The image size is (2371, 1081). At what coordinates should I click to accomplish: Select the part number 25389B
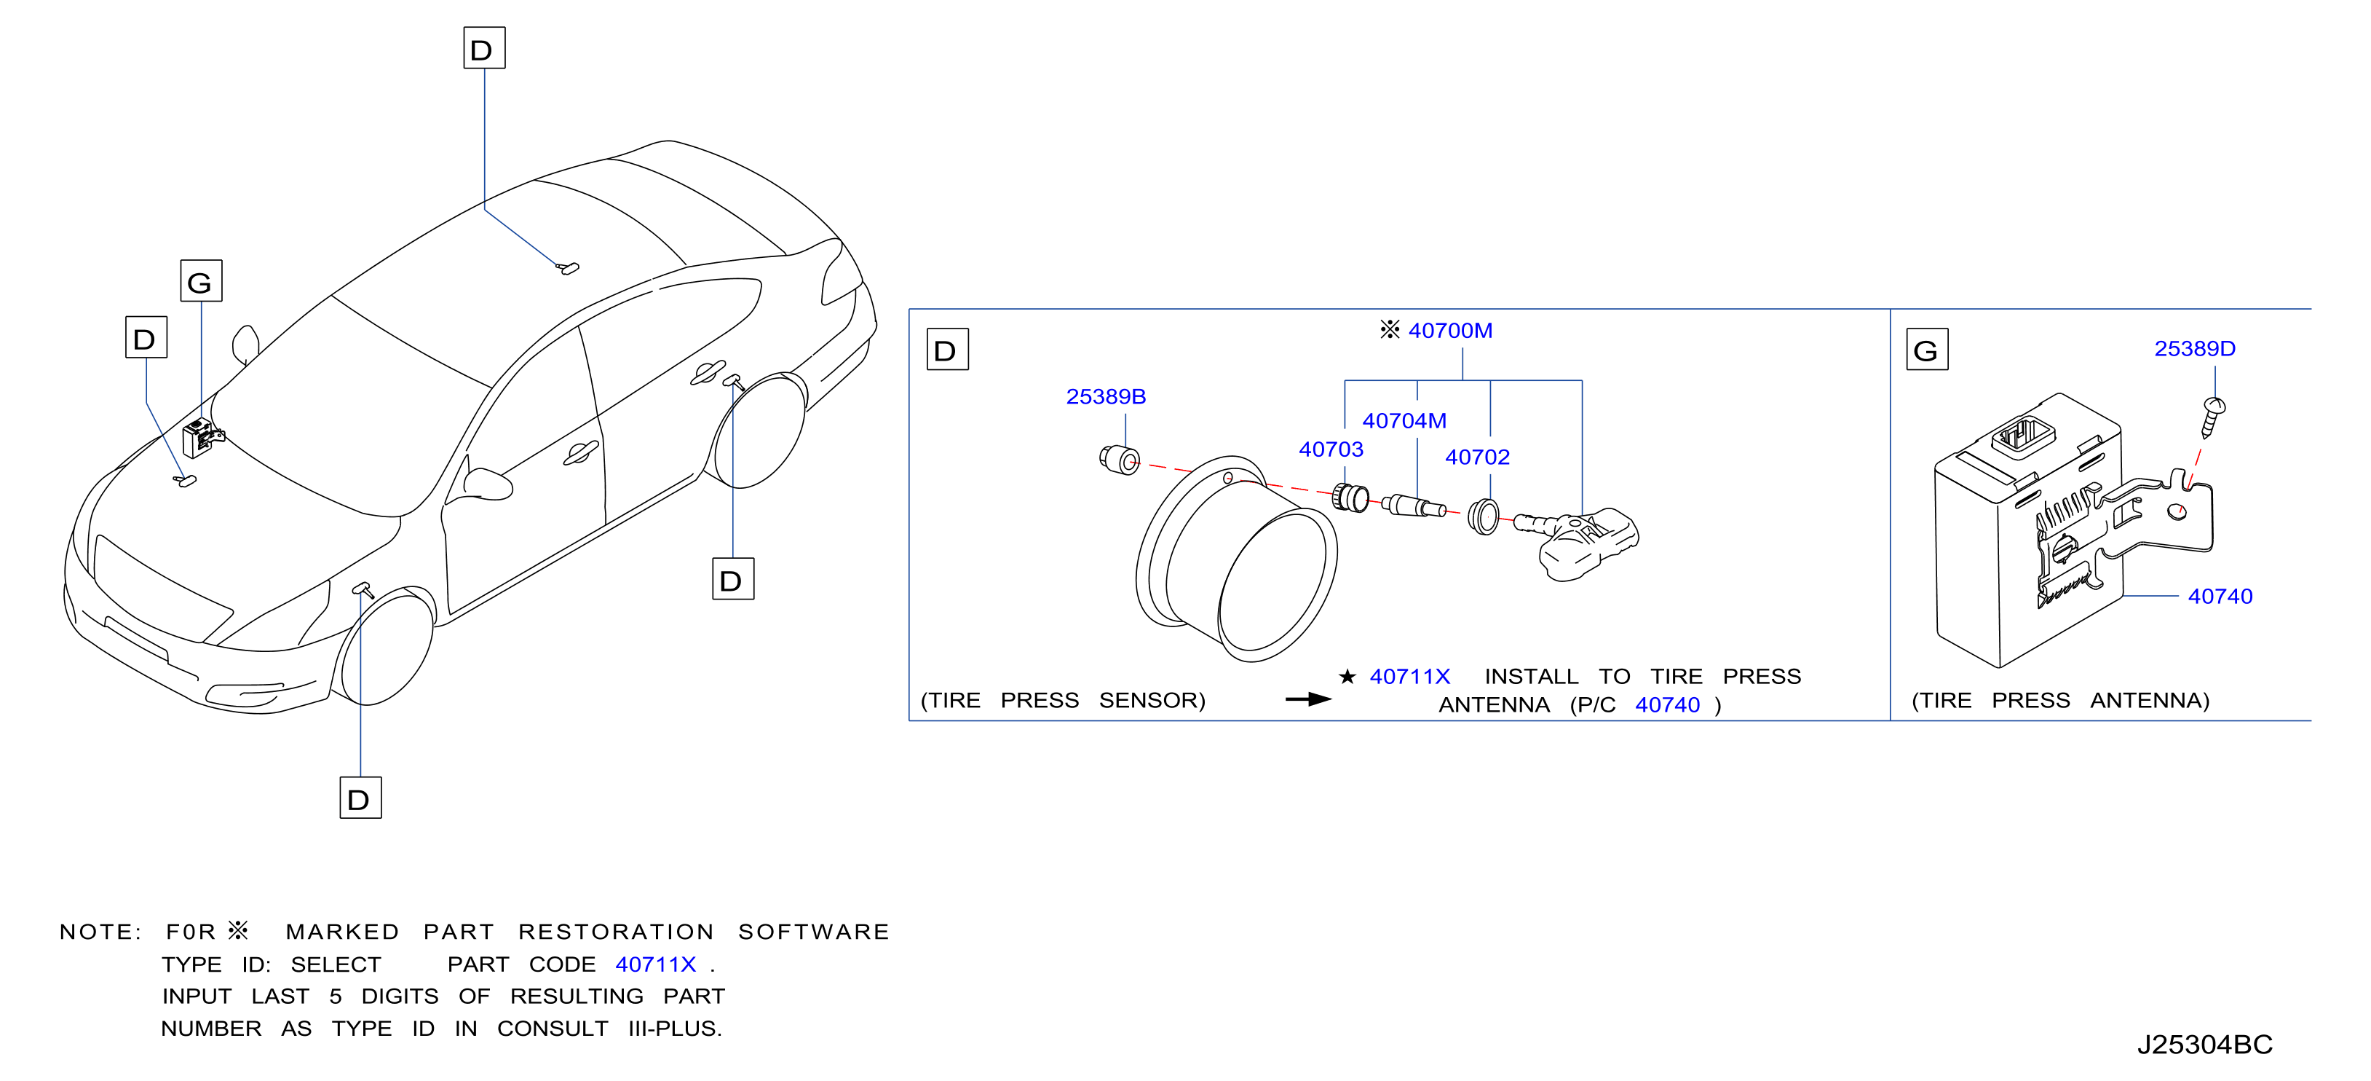[x=1106, y=397]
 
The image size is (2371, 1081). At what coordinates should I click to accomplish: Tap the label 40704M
[x=1404, y=421]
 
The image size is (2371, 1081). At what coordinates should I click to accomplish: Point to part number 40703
[x=1331, y=449]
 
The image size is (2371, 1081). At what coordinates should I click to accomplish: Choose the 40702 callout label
[x=1477, y=457]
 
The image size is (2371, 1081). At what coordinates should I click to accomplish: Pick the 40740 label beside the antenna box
[x=2220, y=597]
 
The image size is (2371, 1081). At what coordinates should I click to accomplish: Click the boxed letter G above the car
[x=201, y=281]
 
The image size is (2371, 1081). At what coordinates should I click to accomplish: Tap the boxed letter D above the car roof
[x=484, y=48]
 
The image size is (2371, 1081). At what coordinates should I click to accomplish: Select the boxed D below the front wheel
[x=361, y=798]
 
